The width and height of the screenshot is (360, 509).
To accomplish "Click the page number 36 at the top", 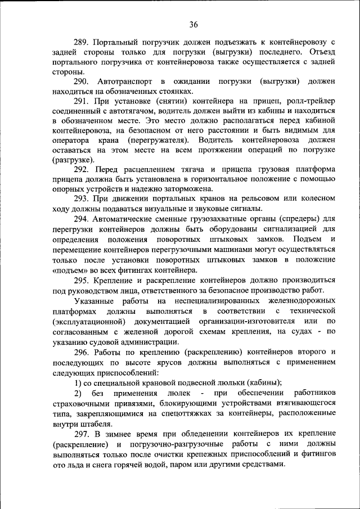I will (194, 24).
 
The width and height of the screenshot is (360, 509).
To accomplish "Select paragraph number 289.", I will (83, 42).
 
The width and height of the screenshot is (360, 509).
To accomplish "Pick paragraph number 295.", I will (83, 280).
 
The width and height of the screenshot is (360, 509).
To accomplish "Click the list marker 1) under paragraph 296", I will (79, 382).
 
